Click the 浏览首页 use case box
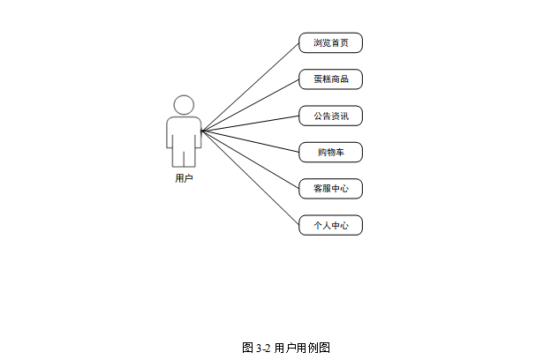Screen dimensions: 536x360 (x=331, y=42)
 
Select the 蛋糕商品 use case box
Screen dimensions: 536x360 (x=331, y=79)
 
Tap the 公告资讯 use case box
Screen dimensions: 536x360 (x=331, y=116)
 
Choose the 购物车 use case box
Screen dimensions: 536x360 (x=331, y=153)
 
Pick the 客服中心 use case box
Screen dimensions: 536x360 (x=331, y=189)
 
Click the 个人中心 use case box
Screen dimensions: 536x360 (x=331, y=226)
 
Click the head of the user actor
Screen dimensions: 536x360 (x=184, y=105)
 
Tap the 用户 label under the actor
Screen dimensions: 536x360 (x=184, y=178)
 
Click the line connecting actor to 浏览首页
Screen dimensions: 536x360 (x=251, y=86)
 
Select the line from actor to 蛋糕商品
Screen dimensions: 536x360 (x=251, y=105)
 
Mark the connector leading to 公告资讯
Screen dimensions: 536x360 (x=251, y=124)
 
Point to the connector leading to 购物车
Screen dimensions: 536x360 (x=251, y=141)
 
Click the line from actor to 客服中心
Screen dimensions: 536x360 (x=251, y=160)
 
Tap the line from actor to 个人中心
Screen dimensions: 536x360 (x=251, y=178)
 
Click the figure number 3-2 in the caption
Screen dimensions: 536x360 (x=263, y=348)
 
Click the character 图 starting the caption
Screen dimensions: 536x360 (x=247, y=348)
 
